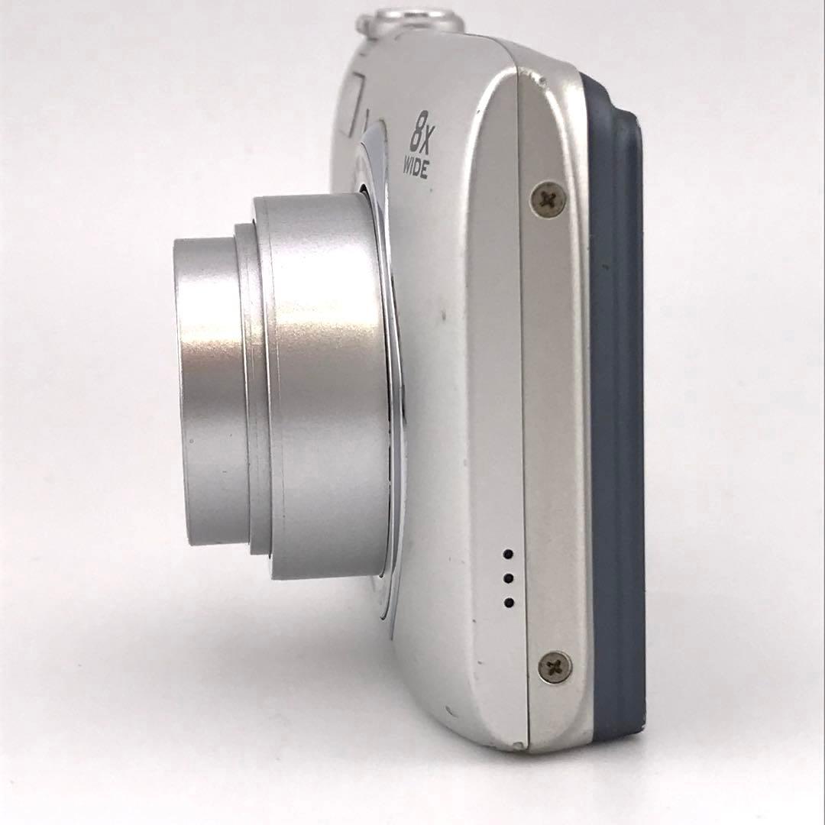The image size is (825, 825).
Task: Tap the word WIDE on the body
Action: (416, 168)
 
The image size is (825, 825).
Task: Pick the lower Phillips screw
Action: (555, 667)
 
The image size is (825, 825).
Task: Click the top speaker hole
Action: (508, 554)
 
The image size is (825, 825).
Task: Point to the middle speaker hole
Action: (509, 578)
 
